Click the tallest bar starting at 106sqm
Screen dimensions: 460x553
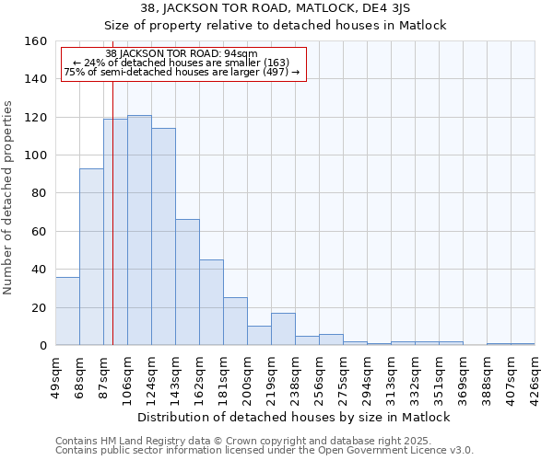pyautogui.click(x=139, y=230)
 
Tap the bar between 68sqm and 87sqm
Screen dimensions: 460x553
pyautogui.click(x=91, y=257)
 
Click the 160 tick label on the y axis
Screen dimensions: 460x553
pyautogui.click(x=36, y=41)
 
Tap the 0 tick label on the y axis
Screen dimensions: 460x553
pyautogui.click(x=43, y=346)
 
